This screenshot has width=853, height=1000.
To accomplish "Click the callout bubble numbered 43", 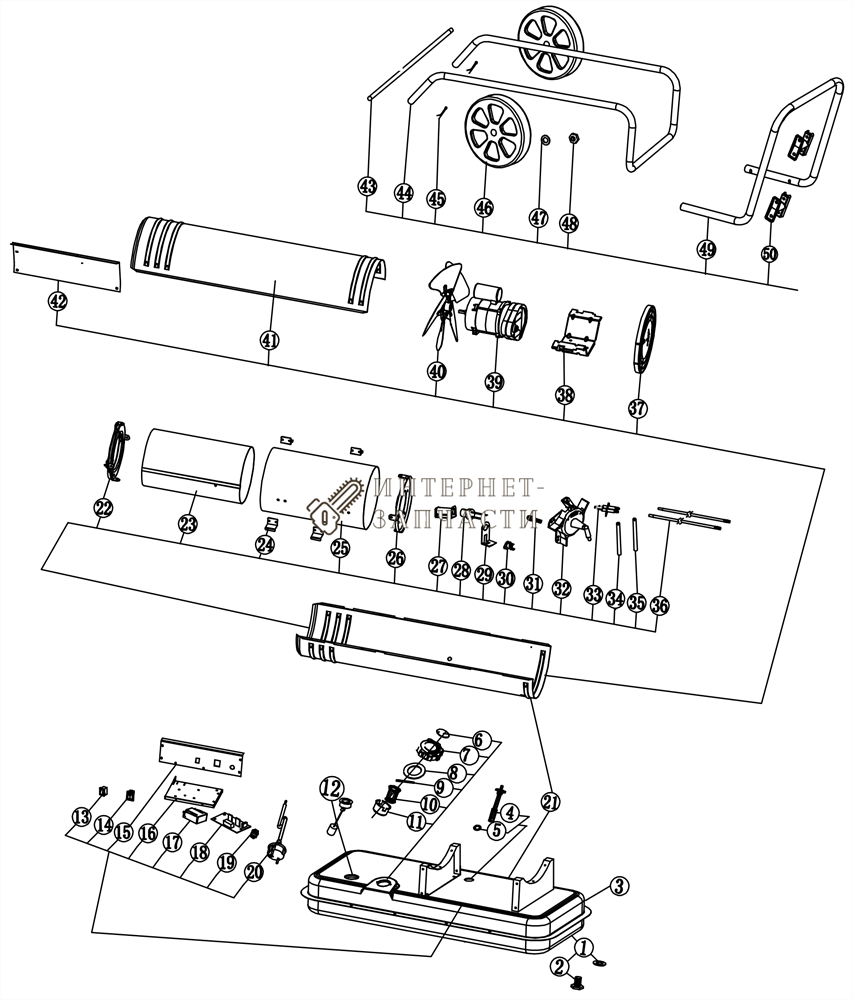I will (368, 186).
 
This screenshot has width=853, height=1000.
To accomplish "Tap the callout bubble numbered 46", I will (484, 207).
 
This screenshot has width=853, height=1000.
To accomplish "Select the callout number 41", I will (269, 340).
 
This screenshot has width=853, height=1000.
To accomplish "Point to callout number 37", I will (638, 408).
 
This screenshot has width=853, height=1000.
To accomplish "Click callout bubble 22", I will (104, 508).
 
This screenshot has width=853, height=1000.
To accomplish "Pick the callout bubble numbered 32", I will (561, 590).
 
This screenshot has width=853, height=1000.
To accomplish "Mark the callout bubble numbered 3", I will (619, 885).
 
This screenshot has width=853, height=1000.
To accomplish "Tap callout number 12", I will (331, 787).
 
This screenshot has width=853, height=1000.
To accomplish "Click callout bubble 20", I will (253, 872).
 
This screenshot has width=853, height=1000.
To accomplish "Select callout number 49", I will (707, 249).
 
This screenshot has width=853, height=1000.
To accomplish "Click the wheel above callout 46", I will (495, 135).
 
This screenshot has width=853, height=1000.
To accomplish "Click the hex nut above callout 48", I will (574, 139).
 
